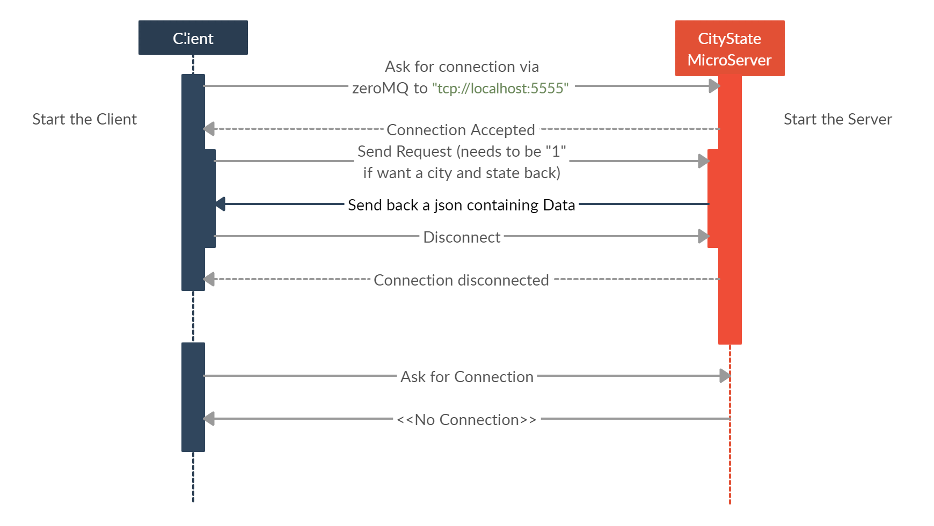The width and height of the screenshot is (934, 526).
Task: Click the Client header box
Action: tap(193, 38)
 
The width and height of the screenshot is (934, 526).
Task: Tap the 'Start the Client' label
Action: tap(84, 119)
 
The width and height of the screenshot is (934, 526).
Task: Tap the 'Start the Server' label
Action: tap(837, 119)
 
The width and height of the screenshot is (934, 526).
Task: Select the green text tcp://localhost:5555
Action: tap(500, 88)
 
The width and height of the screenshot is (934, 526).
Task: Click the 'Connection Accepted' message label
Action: tap(461, 130)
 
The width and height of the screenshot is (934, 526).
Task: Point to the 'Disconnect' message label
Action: tap(462, 237)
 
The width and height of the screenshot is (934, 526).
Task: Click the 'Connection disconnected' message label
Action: tap(461, 280)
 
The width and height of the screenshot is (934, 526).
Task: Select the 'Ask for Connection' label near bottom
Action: tap(466, 377)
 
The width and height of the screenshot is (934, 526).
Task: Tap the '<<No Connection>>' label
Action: tap(466, 420)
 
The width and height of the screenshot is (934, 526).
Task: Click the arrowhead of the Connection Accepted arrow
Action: tap(209, 129)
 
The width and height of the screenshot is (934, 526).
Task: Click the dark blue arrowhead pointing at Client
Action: tap(220, 204)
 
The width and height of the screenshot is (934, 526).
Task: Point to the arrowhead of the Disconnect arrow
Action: tap(703, 236)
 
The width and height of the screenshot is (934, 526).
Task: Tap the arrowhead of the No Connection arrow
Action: tap(209, 419)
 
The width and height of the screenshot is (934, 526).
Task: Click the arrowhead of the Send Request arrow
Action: tap(703, 161)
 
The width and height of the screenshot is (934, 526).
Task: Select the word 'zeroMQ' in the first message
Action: tap(380, 88)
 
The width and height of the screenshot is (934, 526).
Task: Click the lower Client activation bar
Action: tap(193, 397)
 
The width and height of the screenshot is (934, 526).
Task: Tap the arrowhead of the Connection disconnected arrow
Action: tap(209, 279)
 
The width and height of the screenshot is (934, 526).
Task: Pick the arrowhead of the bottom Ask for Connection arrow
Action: tap(725, 376)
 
